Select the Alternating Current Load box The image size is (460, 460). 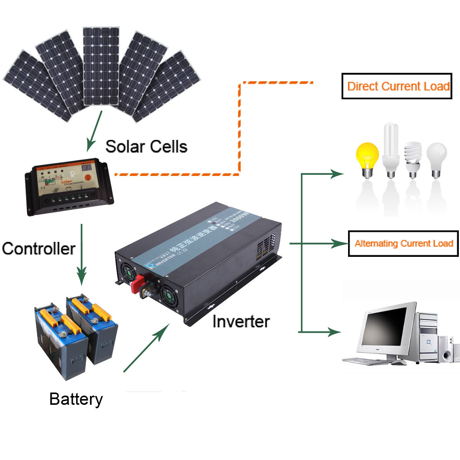click(403, 243)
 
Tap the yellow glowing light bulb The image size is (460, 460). click(367, 157)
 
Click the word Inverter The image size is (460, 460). click(241, 321)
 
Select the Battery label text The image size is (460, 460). click(76, 399)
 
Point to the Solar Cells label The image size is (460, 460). click(146, 146)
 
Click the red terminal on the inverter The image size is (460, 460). click(137, 284)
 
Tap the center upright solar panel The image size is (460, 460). click(101, 66)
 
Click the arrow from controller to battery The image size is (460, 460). click(81, 253)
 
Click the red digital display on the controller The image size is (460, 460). click(87, 168)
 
